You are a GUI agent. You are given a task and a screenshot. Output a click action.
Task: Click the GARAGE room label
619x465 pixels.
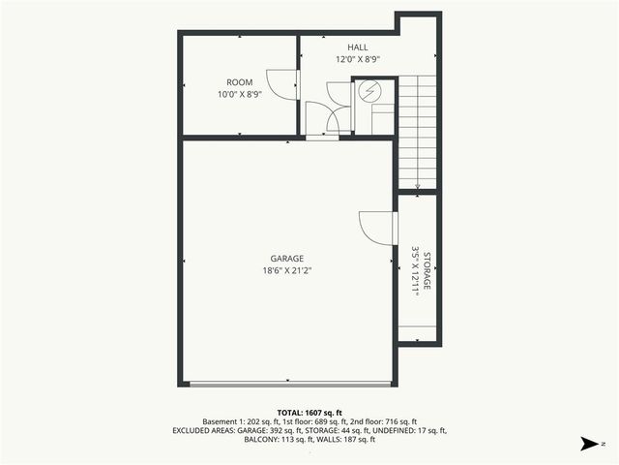coord(287,259)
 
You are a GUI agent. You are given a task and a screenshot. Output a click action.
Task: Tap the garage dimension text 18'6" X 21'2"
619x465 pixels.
coord(287,271)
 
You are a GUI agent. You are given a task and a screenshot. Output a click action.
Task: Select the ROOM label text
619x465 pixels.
coord(240,82)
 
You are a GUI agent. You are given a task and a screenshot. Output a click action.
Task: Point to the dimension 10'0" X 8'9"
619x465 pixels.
coord(240,94)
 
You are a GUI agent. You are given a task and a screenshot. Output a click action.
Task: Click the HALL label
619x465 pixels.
coord(358,47)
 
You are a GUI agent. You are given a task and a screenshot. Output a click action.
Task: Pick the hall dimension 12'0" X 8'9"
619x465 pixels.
coord(358,59)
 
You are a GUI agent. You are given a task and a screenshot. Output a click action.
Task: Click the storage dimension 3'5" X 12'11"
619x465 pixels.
coord(415,270)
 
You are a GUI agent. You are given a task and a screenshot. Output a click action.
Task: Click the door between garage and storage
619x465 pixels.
coord(377,229)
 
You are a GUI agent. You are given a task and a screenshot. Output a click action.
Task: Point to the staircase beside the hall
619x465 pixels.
coord(417,132)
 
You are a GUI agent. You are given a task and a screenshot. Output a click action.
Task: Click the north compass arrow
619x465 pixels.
coord(587,444)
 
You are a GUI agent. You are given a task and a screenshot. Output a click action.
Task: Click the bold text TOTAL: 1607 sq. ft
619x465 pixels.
coord(309,413)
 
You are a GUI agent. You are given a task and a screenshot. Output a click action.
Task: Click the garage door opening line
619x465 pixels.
coord(287,385)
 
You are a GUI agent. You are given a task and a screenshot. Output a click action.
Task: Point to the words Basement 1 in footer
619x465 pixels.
coord(223,421)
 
